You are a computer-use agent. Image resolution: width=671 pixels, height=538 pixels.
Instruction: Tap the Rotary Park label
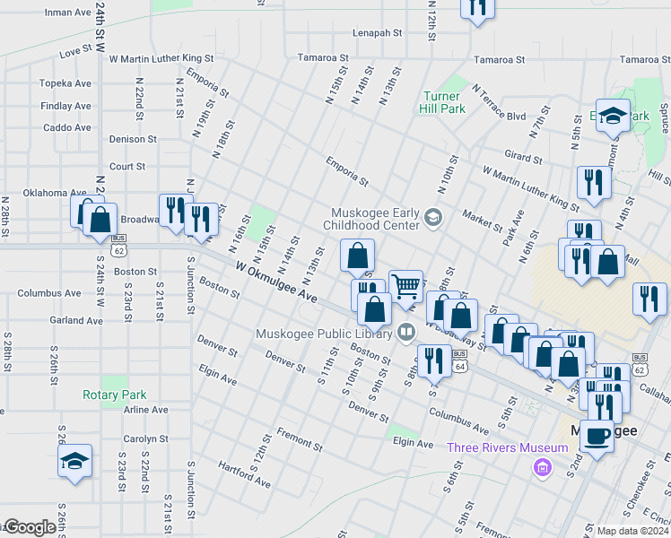tap(114, 395)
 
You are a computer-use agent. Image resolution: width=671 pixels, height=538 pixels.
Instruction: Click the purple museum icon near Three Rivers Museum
tap(540, 466)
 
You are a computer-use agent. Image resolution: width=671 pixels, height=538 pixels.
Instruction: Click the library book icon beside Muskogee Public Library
tap(405, 333)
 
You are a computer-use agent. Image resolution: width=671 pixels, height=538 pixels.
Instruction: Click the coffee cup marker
tap(597, 435)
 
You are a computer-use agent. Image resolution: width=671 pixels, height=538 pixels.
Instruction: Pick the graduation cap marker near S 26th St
tap(74, 461)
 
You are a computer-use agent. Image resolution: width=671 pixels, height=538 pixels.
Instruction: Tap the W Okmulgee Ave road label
tap(277, 282)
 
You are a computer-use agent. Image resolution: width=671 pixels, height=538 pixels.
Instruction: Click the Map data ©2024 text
tap(632, 531)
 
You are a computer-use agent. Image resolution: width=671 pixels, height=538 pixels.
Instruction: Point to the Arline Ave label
tap(146, 410)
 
